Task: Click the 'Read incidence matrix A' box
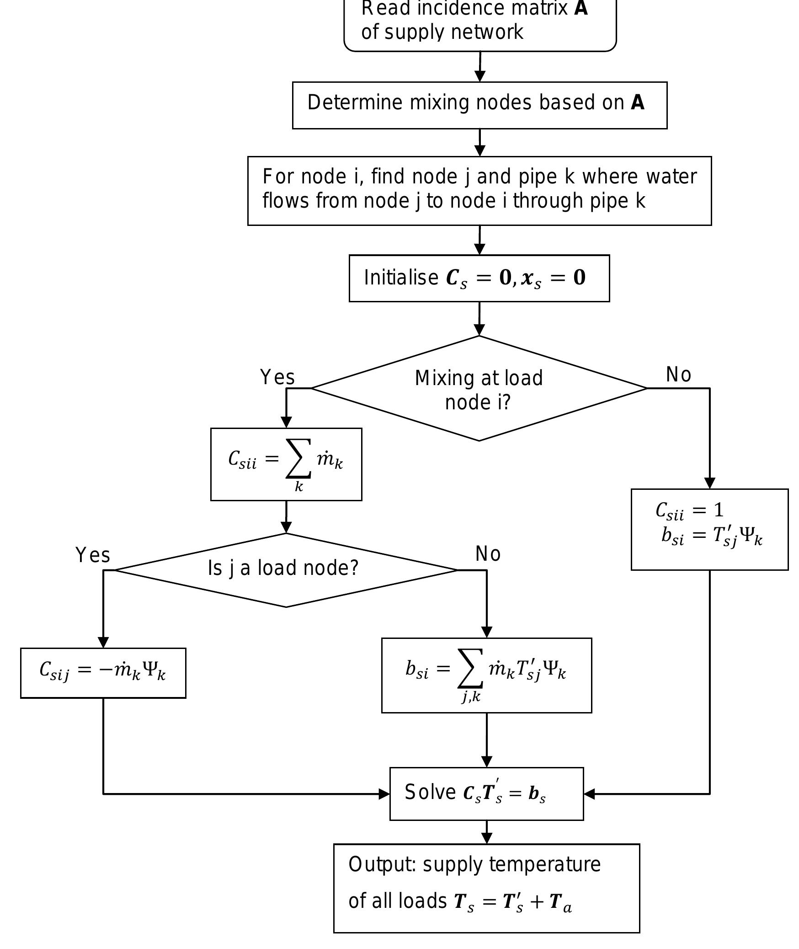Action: tap(479, 23)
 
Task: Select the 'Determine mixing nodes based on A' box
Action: tap(479, 105)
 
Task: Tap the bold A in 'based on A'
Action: tap(637, 102)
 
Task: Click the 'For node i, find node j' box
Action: tap(479, 190)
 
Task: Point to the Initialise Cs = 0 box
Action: tap(479, 278)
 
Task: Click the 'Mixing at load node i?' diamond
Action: tap(479, 389)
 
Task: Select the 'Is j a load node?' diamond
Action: tap(286, 569)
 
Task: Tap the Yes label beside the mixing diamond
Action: tap(277, 377)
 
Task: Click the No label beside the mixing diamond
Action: tap(679, 375)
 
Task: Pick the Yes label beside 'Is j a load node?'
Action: tap(93, 555)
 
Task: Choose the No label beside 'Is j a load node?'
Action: tap(488, 554)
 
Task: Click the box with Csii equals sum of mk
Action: tap(286, 464)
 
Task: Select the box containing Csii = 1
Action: tap(709, 529)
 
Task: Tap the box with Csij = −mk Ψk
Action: tap(103, 672)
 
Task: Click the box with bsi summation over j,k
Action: tap(486, 675)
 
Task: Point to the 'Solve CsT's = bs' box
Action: tap(486, 794)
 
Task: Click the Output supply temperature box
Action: tap(486, 888)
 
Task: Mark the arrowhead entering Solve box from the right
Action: tap(589, 794)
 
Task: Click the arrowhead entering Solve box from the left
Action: tap(384, 794)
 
